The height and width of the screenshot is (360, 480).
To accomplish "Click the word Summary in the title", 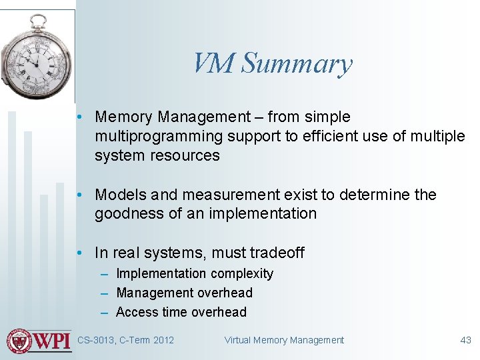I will click(x=297, y=64).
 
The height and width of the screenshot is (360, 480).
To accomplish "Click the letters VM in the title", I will click(x=214, y=64).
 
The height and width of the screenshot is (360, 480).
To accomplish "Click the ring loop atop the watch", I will click(x=39, y=21).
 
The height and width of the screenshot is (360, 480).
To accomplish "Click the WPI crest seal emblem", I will click(x=19, y=340).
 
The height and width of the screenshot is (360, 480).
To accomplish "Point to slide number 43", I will click(x=465, y=340).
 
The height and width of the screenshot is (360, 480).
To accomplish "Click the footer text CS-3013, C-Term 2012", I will click(x=125, y=340).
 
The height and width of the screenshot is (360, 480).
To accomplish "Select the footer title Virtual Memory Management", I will click(x=284, y=340).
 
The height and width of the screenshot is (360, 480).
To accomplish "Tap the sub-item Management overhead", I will click(x=184, y=293).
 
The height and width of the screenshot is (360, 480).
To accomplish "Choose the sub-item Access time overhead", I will click(x=181, y=312).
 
